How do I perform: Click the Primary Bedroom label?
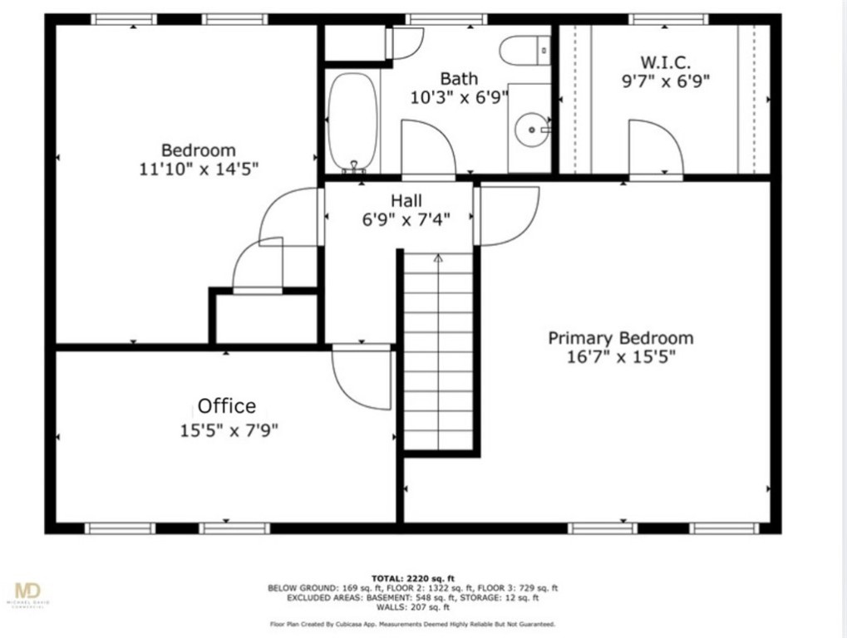coord(620,338)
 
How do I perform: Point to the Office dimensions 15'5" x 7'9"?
coord(228,430)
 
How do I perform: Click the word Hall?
coord(406,200)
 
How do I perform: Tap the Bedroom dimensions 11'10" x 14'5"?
coord(199,169)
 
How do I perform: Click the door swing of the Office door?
coord(359,378)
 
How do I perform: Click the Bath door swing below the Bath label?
coord(426,150)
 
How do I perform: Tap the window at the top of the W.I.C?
coord(668,19)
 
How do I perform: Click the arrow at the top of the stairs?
coord(438,259)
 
